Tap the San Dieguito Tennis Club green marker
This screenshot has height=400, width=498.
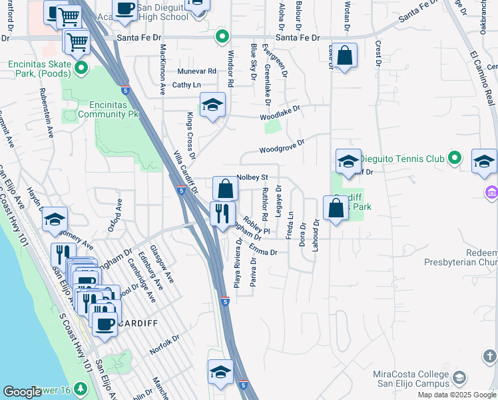[455, 158]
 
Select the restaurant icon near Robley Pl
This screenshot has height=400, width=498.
[221, 213]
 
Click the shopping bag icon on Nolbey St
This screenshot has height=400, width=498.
[226, 189]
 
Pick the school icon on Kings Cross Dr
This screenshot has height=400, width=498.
[212, 105]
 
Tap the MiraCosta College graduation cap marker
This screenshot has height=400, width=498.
[459, 379]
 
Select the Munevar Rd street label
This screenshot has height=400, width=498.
[197, 71]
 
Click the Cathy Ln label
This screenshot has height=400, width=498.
[186, 85]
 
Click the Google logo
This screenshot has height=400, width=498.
[23, 392]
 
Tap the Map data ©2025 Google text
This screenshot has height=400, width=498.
[457, 395]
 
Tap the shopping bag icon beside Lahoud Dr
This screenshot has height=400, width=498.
[336, 208]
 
